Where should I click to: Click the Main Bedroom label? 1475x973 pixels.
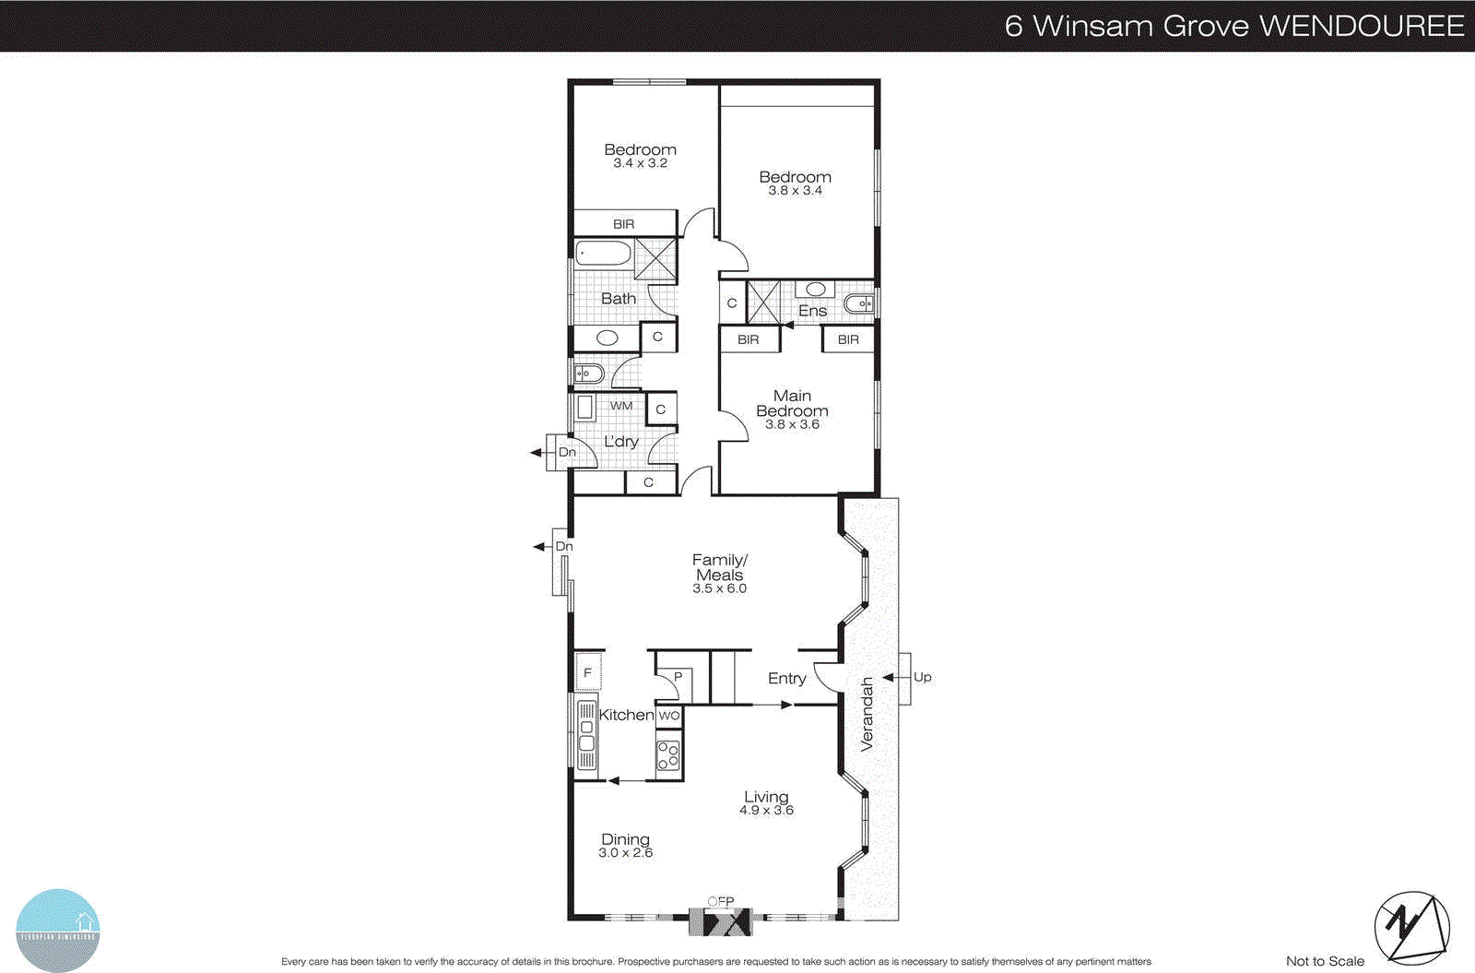(x=792, y=404)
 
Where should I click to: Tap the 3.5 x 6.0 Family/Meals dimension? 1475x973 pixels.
(x=719, y=588)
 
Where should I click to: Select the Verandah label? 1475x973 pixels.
(x=867, y=715)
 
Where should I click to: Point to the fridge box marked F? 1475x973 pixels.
(x=588, y=672)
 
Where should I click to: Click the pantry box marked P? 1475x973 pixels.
(x=678, y=677)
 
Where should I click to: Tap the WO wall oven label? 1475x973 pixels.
(x=669, y=715)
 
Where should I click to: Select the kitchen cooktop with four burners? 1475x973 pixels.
(x=668, y=756)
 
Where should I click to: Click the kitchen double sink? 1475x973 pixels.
(x=586, y=734)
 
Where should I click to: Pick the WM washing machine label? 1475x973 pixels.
(x=621, y=406)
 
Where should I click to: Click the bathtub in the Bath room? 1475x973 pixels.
(x=603, y=253)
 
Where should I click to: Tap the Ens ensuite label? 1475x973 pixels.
(x=812, y=311)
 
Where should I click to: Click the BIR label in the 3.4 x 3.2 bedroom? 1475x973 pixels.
(x=624, y=224)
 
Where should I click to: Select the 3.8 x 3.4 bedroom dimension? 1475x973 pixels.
(x=795, y=191)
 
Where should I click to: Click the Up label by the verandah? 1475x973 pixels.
(x=922, y=677)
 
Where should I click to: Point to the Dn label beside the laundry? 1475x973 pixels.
(x=567, y=452)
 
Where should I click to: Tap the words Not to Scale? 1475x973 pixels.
(x=1325, y=961)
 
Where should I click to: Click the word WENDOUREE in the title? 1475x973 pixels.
(x=1362, y=26)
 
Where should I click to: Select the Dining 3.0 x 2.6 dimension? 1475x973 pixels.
(x=625, y=853)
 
